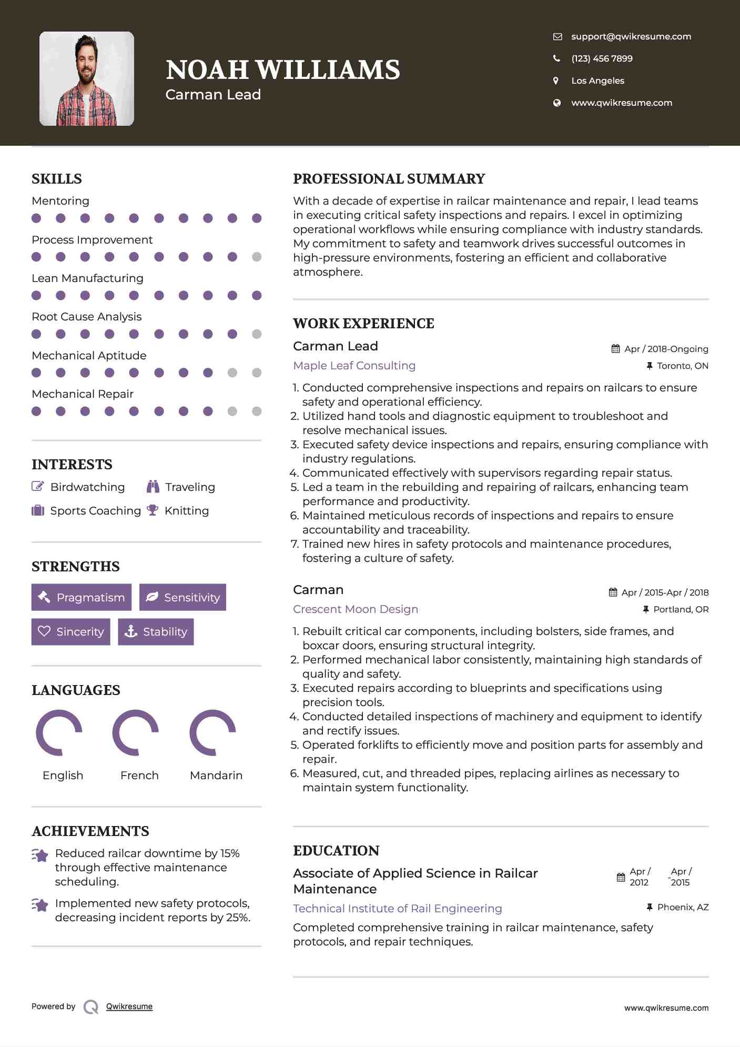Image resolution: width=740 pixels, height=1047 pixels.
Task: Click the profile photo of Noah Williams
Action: pos(87,79)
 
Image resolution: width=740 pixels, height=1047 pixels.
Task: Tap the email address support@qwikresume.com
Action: pos(631,36)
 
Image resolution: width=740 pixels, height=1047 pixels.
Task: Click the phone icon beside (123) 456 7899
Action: pos(556,58)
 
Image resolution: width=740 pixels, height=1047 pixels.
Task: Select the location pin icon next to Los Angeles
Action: pos(556,80)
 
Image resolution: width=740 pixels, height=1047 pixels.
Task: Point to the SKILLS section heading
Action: pos(57,179)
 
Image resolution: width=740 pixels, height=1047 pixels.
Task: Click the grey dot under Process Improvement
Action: pos(257,257)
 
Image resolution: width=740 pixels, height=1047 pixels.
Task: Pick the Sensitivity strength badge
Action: pos(183,597)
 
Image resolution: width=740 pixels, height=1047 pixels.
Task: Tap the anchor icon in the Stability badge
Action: pos(130,631)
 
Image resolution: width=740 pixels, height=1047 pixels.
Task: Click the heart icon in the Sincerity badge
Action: pos(44,631)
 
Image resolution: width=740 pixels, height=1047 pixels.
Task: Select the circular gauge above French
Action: pos(136,732)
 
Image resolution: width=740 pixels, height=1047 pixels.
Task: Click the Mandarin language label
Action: pos(216,775)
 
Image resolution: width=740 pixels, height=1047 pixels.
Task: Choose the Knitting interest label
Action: pos(187,511)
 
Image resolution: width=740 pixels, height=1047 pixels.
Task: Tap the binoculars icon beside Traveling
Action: pos(153,487)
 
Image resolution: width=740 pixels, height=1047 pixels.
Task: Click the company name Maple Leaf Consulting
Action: pos(354,366)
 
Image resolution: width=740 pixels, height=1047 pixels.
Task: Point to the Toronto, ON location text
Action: pos(682,366)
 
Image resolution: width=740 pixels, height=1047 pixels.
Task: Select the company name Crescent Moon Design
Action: pos(356,609)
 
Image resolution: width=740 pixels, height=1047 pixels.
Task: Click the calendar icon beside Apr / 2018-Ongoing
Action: pos(615,349)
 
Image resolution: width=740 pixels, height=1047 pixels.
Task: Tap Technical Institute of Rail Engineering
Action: pos(397,909)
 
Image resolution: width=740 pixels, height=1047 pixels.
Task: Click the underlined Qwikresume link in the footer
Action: pos(129,1006)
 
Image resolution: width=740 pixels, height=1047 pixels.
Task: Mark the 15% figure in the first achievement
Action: pos(230,853)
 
